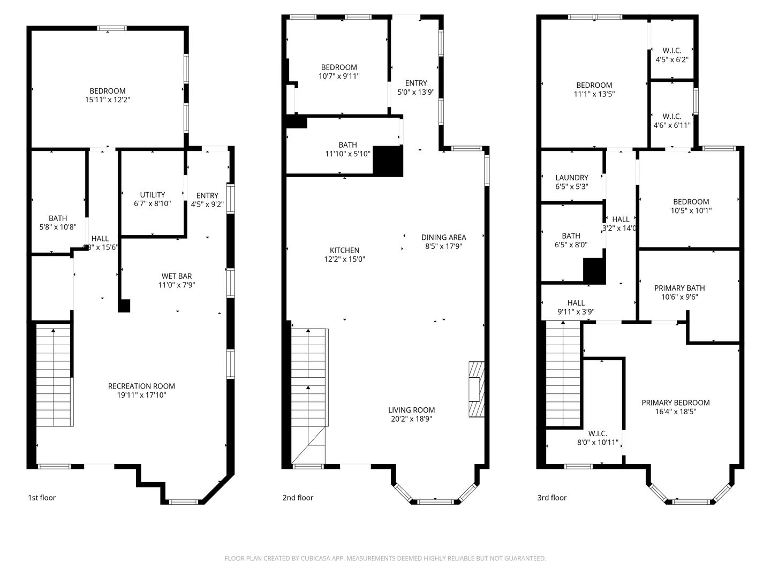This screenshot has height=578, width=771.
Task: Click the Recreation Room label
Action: (141, 386)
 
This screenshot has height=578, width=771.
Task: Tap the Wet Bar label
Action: (176, 276)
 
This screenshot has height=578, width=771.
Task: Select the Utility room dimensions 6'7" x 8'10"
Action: (153, 203)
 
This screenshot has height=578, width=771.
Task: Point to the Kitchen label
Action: (344, 250)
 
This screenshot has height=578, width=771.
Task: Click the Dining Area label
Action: (443, 237)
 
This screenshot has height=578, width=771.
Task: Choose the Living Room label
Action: (411, 410)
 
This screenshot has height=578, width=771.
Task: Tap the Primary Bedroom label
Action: (675, 402)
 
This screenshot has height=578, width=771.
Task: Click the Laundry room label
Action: (571, 178)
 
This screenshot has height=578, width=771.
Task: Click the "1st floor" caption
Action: (42, 498)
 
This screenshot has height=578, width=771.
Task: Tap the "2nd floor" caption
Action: (298, 498)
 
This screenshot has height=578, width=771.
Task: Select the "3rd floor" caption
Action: (551, 498)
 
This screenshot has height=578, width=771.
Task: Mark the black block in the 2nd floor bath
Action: (387, 160)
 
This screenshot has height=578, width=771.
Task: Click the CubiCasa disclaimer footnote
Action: (385, 558)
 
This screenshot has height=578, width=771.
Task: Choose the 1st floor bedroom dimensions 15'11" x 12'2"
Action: (108, 100)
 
